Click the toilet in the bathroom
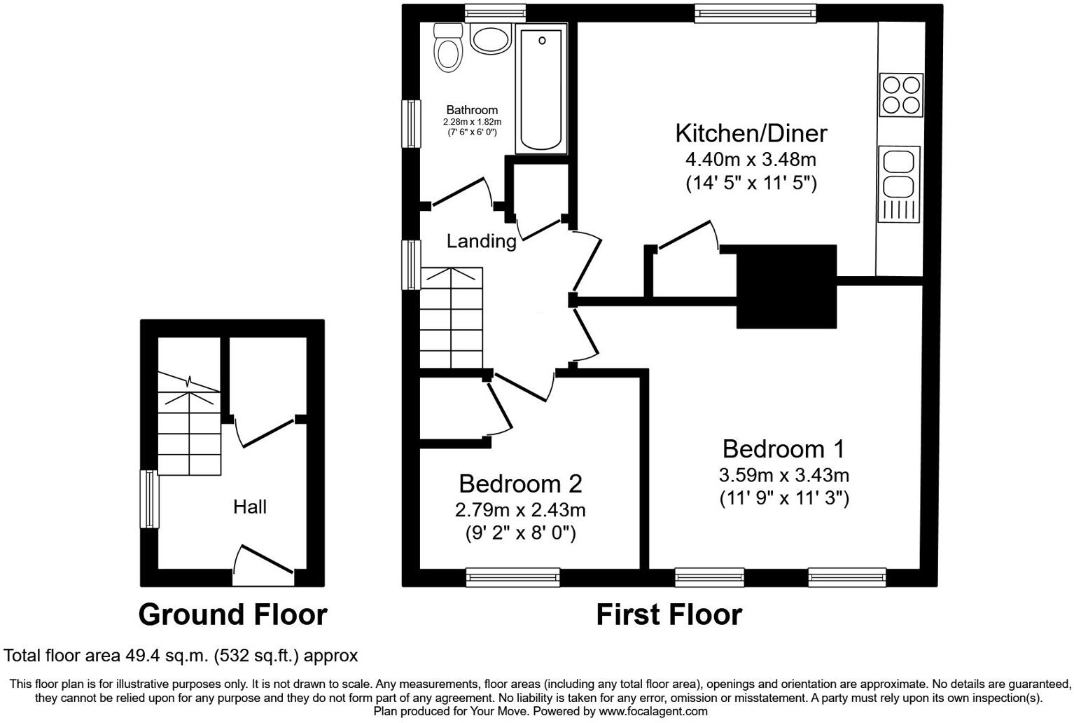(x=447, y=48)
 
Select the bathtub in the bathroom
(x=541, y=89)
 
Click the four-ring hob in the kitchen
(x=900, y=95)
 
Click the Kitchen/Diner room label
(x=751, y=132)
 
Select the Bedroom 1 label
(x=783, y=448)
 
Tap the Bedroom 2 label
(x=520, y=483)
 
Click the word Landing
(x=481, y=241)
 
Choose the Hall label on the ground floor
(x=250, y=507)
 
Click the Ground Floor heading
(x=232, y=614)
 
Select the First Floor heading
(x=669, y=614)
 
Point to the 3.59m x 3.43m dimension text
(x=783, y=475)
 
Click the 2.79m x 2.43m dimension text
(x=520, y=509)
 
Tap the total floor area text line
(x=181, y=656)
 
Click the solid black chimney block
(x=787, y=287)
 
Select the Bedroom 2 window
(x=512, y=577)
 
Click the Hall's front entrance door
(x=263, y=566)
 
